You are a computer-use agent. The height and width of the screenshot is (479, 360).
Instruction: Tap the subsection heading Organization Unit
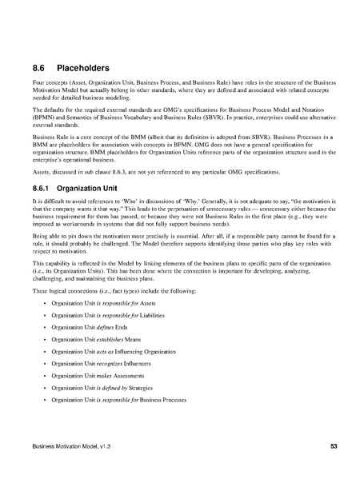109,189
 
